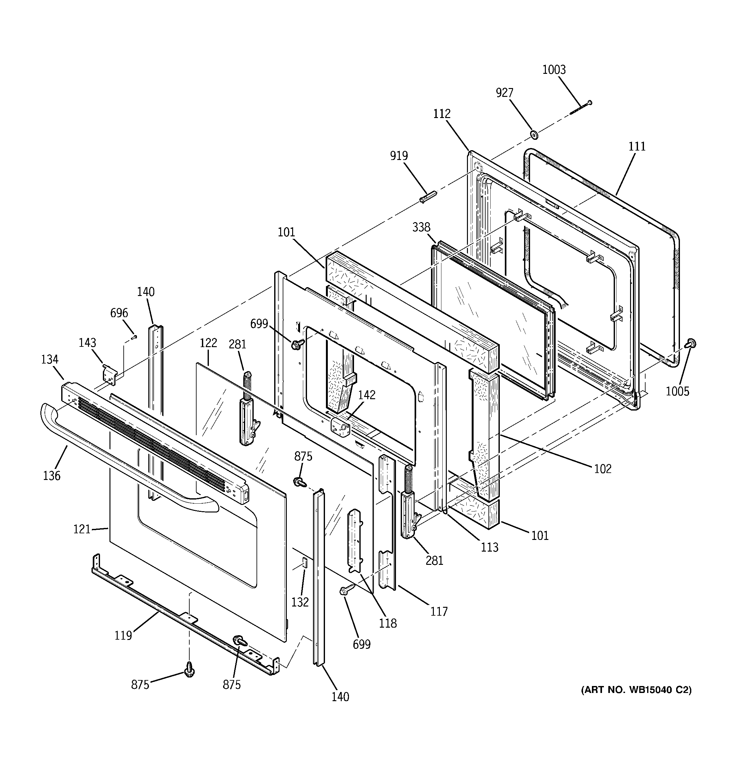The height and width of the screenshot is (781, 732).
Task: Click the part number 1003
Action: point(554,70)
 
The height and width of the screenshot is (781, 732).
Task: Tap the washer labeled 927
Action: point(534,135)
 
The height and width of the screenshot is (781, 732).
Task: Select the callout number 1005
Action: point(677,391)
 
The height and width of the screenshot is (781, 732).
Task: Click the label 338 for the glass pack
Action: point(421,227)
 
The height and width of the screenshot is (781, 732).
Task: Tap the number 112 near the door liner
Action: point(442,114)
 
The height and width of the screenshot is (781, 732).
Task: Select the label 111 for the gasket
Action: point(637,146)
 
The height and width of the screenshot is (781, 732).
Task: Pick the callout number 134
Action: point(50,359)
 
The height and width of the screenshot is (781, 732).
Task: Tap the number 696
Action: point(119,313)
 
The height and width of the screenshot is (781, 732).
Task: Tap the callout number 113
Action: point(490,547)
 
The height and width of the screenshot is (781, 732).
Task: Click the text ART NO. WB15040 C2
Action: point(636,690)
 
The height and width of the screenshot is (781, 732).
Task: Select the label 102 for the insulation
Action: point(603,469)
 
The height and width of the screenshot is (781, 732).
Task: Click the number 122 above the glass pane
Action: point(208,343)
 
